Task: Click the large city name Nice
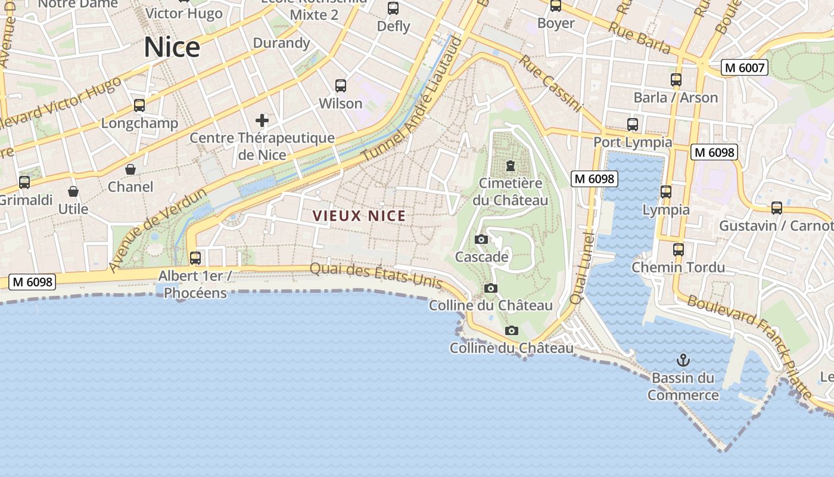tap(172, 47)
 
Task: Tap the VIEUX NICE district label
tap(359, 216)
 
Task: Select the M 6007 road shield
tap(744, 68)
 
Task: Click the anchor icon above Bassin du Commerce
tap(683, 360)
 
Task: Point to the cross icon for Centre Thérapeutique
tap(262, 121)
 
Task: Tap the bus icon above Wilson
tap(341, 86)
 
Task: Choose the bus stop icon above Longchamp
tap(139, 106)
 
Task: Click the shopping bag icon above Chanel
tap(130, 169)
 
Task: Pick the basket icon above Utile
tap(73, 191)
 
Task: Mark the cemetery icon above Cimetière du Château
tap(510, 165)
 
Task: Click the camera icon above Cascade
tap(481, 240)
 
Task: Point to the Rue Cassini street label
tap(549, 83)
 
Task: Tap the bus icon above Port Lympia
tap(633, 125)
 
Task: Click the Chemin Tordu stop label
tap(678, 267)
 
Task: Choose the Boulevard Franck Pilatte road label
tap(749, 346)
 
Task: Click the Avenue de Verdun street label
tap(158, 230)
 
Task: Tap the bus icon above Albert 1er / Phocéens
tap(195, 258)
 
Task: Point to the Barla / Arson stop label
tap(676, 97)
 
